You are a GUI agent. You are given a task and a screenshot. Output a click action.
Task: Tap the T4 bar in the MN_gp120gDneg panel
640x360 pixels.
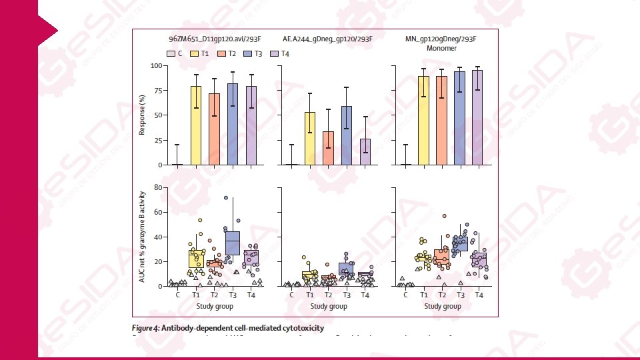coord(477,117)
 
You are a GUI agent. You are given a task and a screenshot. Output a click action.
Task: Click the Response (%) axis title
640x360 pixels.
coord(142,115)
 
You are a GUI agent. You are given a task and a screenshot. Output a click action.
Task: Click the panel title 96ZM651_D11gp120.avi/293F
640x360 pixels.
coord(213,39)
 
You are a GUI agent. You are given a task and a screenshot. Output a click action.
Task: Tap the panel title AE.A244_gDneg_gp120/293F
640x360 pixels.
coord(327,39)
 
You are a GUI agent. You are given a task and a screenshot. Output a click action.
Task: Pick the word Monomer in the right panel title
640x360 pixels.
coord(441,48)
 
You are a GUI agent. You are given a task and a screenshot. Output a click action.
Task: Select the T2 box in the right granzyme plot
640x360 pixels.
coord(441,256)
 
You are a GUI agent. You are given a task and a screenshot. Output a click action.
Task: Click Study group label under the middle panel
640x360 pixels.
coord(329,306)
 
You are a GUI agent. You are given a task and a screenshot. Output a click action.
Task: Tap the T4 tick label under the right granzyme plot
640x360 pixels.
coord(478,295)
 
